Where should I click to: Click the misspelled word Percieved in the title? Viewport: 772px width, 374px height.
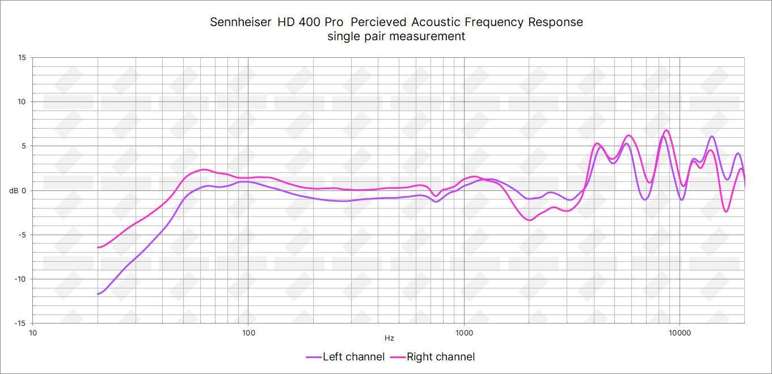tap(378, 22)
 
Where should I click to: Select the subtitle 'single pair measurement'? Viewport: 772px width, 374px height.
tap(396, 36)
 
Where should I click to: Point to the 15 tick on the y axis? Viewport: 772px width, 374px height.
tap(22, 58)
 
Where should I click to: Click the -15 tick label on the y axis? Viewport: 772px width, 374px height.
tap(20, 323)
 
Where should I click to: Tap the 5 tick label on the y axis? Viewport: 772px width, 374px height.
tap(24, 146)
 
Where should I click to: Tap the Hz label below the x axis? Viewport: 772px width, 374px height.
tap(389, 338)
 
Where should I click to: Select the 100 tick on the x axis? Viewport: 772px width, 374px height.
tap(248, 332)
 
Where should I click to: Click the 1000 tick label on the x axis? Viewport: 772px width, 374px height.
tap(464, 332)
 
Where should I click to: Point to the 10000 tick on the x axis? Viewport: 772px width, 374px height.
tap(680, 332)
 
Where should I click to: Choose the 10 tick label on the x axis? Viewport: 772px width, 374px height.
tap(33, 332)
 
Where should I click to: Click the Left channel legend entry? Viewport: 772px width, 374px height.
tap(346, 357)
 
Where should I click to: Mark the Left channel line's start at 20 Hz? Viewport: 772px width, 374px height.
tap(98, 294)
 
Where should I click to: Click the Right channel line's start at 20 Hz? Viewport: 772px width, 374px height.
tap(98, 247)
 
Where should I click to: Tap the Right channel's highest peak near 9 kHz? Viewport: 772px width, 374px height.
tap(666, 130)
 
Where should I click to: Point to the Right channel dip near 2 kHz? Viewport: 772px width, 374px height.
tap(530, 220)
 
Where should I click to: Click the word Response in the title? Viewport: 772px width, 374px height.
tap(555, 22)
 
